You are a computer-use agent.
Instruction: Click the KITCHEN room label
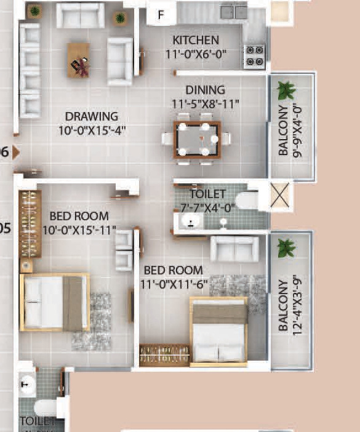coord(196,41)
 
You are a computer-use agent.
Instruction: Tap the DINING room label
coord(206,90)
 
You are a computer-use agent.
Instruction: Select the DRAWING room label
coord(92,116)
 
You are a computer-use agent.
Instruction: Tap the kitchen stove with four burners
coord(255,55)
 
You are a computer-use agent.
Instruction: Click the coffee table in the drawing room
coord(78,60)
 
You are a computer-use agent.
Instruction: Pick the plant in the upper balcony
coord(286,90)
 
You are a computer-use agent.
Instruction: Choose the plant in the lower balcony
coord(286,248)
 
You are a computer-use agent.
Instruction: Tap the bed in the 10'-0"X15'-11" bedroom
coord(54,302)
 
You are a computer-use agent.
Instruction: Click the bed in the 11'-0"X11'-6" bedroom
coord(218,330)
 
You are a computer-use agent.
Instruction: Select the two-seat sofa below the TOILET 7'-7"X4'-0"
coord(234,248)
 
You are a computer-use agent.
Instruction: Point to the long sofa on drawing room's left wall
coord(30,70)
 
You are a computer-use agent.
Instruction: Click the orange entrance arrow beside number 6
coord(15,152)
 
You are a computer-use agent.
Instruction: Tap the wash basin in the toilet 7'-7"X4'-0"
coord(186,222)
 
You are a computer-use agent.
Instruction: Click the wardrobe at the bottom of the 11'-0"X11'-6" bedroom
coord(164,355)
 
